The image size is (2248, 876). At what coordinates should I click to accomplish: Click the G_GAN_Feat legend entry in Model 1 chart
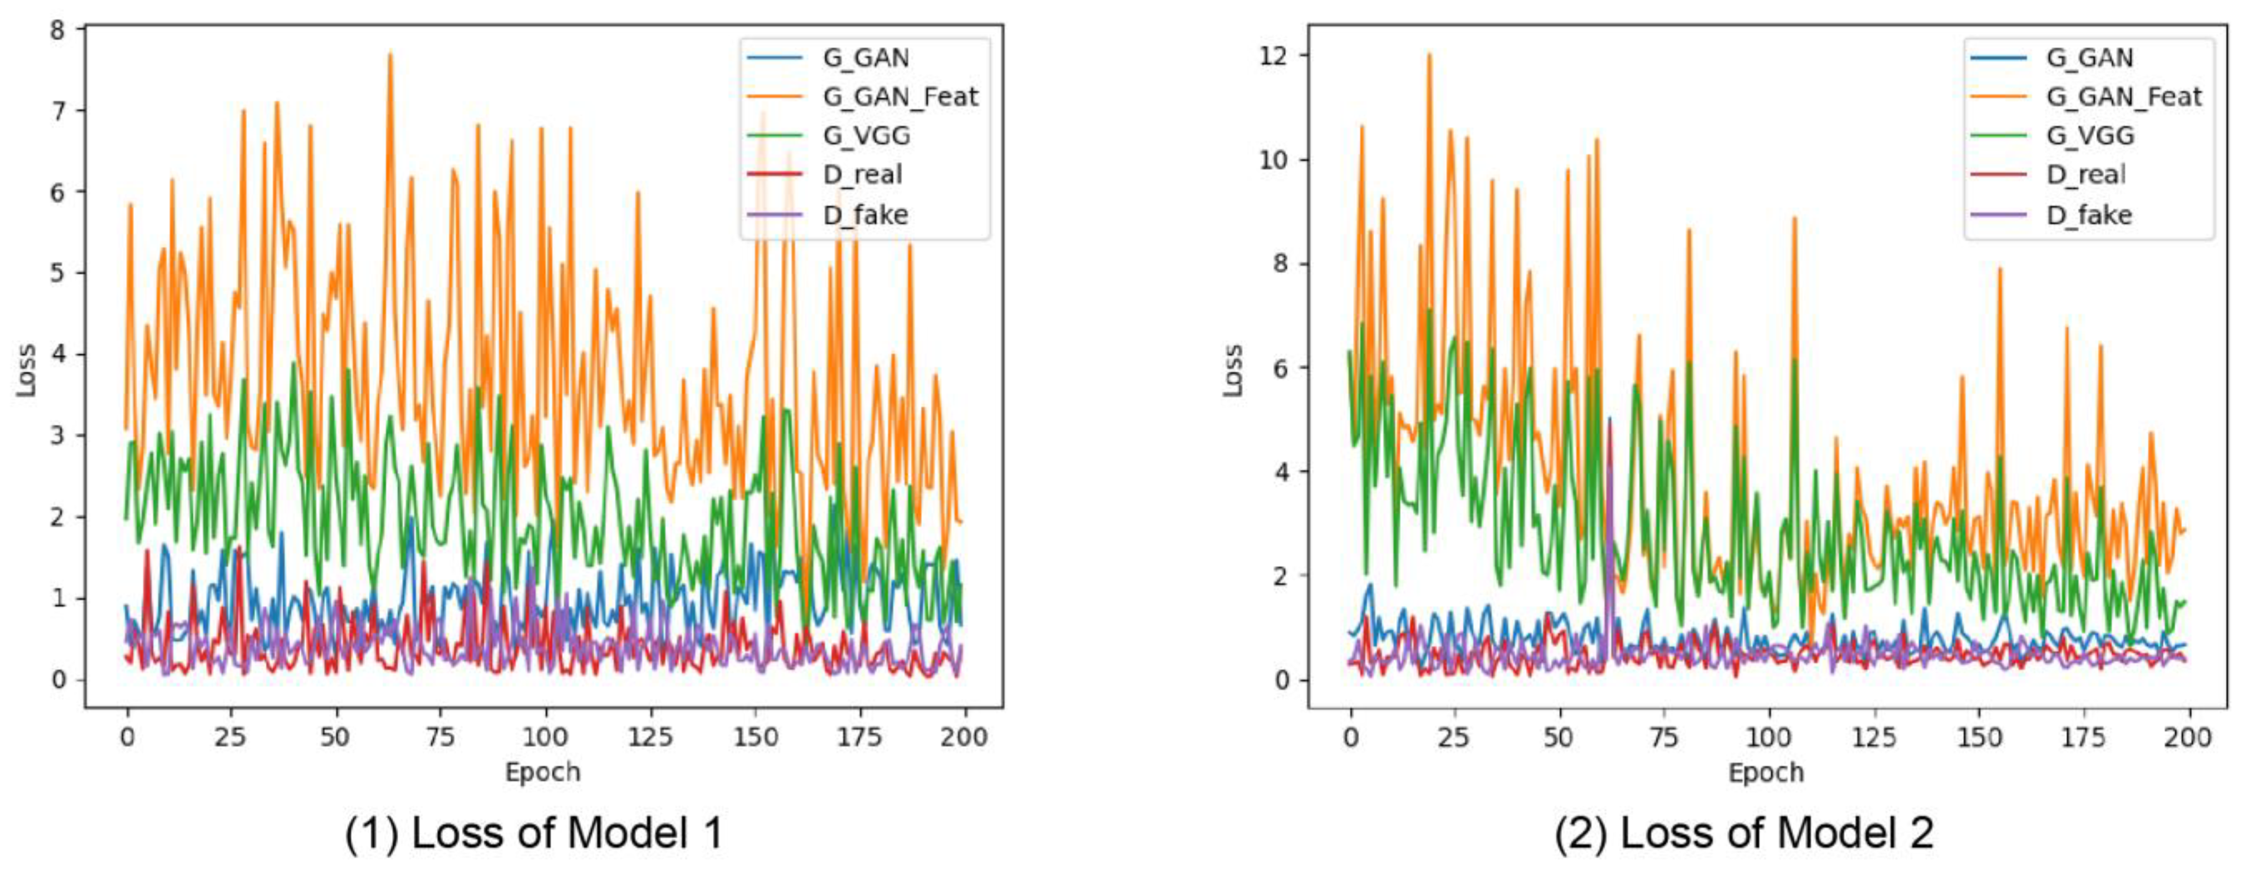coord(899,97)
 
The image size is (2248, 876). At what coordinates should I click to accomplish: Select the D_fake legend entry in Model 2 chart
coord(2088,215)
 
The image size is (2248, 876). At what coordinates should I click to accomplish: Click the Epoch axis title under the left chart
coord(542,772)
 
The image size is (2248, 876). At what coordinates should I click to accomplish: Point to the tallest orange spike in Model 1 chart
coord(390,55)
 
